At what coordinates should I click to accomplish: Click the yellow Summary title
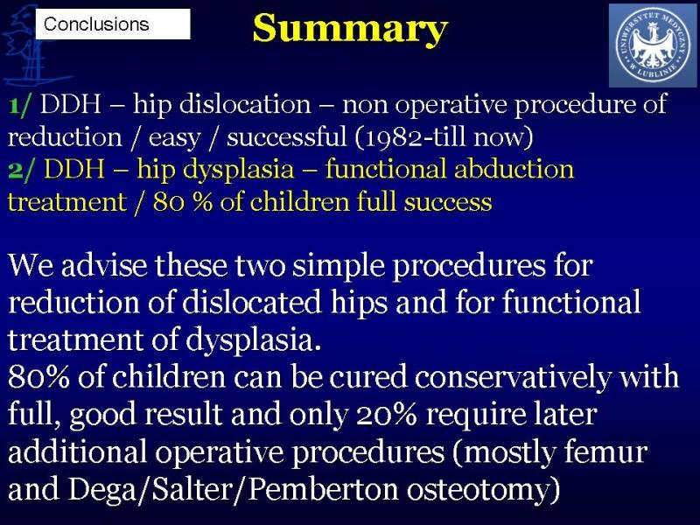pyautogui.click(x=350, y=29)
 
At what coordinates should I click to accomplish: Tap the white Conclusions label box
pyautogui.click(x=113, y=24)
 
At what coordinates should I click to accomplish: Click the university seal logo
pyautogui.click(x=652, y=45)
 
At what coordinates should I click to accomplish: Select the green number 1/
pyautogui.click(x=19, y=105)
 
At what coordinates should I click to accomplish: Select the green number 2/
pyautogui.click(x=20, y=170)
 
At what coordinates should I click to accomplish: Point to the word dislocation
pyautogui.click(x=245, y=104)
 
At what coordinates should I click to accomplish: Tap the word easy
pyautogui.click(x=174, y=139)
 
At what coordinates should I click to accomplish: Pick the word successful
pyautogui.click(x=286, y=136)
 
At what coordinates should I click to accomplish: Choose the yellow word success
pyautogui.click(x=448, y=203)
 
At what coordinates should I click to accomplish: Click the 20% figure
pyautogui.click(x=387, y=415)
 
